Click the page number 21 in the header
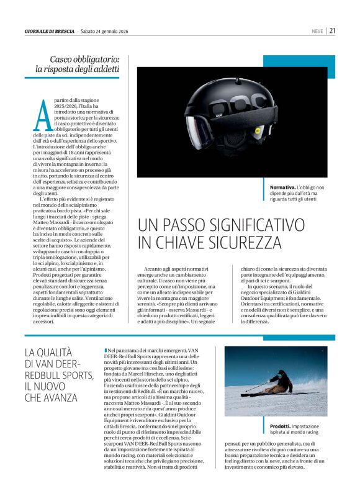pyautogui.click(x=333, y=30)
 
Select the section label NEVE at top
pyautogui.click(x=317, y=30)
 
